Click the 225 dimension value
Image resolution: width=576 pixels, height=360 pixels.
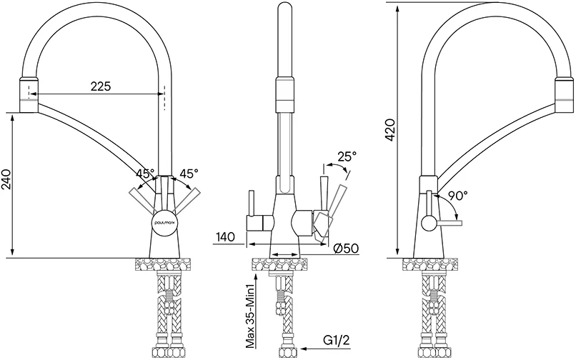click(x=100, y=86)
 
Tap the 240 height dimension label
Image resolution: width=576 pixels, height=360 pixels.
click(x=7, y=183)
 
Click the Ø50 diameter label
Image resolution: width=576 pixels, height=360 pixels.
click(x=346, y=248)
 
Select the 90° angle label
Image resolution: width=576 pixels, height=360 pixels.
click(x=457, y=194)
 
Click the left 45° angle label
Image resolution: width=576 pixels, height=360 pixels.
click(x=145, y=174)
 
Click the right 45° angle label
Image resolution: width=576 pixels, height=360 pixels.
click(x=189, y=174)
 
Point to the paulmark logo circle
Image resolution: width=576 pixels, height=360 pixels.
click(x=164, y=221)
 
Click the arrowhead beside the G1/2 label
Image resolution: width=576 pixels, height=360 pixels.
click(x=304, y=350)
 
